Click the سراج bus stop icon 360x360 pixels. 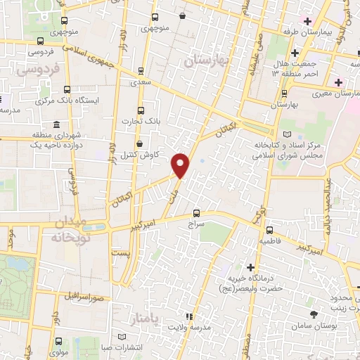pyautogui.click(x=196, y=213)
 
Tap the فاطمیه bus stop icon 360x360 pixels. pyautogui.click(x=270, y=230)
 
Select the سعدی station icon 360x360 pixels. pyautogui.click(x=141, y=70)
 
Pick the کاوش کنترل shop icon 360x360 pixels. pyautogui.click(x=139, y=143)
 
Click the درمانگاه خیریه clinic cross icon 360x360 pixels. pyautogui.click(x=251, y=267)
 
